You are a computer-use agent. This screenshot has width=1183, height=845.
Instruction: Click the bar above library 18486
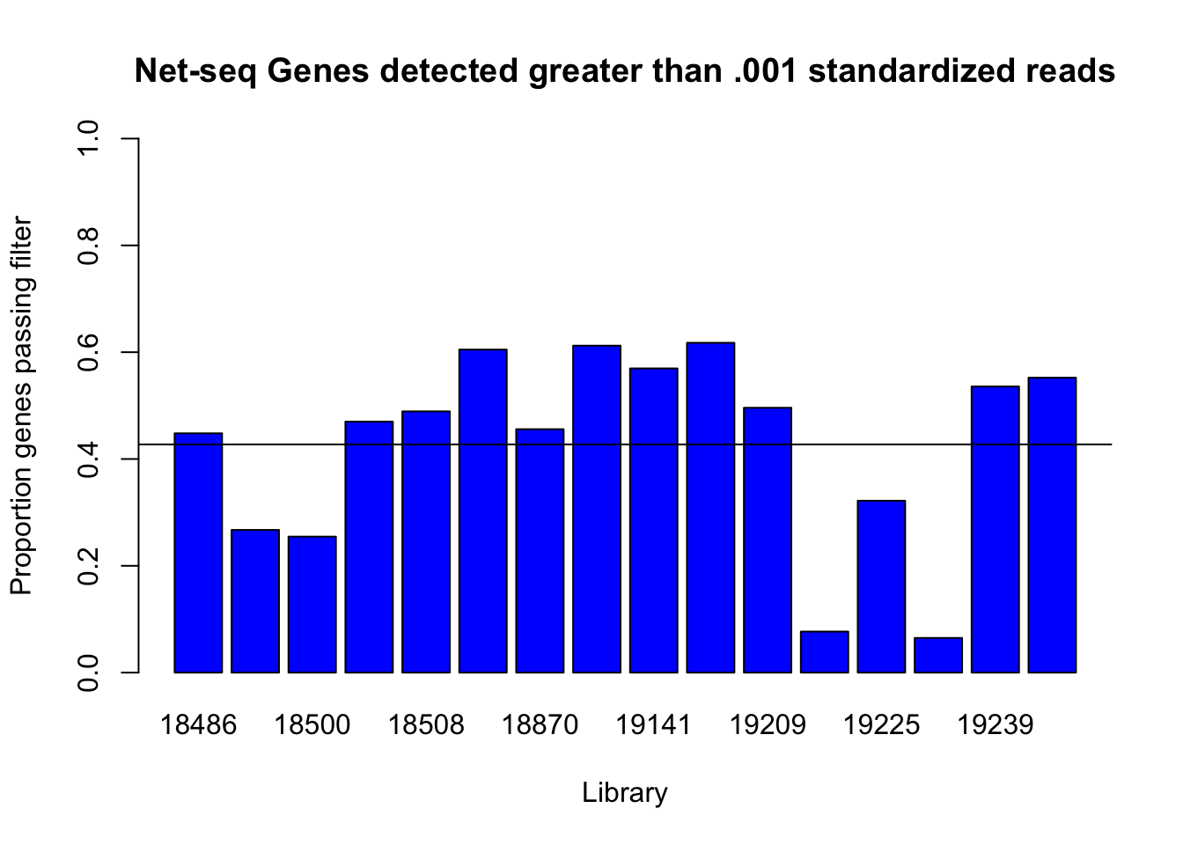[x=198, y=553]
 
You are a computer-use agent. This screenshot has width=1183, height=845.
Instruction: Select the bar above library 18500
[x=312, y=604]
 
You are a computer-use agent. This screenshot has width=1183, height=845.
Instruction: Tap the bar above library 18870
[x=540, y=550]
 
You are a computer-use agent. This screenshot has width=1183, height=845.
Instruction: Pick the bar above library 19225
[x=881, y=586]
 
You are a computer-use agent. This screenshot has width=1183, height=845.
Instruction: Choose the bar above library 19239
[x=996, y=529]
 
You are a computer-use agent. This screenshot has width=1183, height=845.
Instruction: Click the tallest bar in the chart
[x=711, y=508]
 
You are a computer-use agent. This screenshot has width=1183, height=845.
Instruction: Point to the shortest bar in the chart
[x=938, y=655]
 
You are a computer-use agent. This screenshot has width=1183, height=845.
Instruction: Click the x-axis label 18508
[x=426, y=724]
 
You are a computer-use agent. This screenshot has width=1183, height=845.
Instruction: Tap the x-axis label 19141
[x=654, y=724]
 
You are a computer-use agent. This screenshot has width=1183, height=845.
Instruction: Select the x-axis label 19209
[x=768, y=724]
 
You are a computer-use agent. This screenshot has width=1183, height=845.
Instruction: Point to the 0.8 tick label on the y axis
[x=88, y=246]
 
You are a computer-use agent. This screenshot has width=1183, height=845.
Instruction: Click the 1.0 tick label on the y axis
[x=88, y=138]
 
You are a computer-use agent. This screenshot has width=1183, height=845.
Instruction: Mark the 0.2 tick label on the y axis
[x=88, y=566]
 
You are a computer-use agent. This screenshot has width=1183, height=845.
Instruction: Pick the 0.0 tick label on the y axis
[x=88, y=672]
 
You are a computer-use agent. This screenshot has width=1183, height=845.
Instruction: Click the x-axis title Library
[x=625, y=793]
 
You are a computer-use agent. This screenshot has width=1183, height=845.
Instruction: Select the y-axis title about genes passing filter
[x=22, y=405]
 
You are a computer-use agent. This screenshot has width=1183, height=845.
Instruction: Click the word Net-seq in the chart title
[x=195, y=71]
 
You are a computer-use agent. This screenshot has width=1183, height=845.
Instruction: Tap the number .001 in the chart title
[x=765, y=70]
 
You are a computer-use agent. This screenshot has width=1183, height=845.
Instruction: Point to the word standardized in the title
[x=912, y=70]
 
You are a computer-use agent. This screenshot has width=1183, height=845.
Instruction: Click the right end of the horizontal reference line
[x=1112, y=445]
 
